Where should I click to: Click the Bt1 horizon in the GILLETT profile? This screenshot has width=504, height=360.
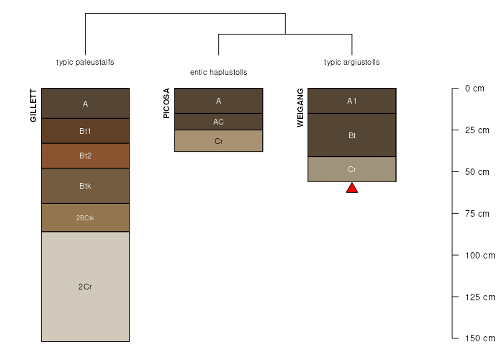tap(85, 131)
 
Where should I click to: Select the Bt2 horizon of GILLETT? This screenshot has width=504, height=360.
tap(85, 156)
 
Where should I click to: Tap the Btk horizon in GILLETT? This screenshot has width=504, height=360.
tap(85, 186)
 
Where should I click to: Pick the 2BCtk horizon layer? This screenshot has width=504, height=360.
tap(85, 217)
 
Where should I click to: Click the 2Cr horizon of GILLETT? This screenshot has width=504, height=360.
tap(85, 287)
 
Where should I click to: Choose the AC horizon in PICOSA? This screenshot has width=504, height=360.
tap(218, 122)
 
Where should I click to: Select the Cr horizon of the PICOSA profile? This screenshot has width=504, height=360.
tap(218, 141)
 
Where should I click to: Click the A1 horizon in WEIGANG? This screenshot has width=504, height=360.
tap(351, 101)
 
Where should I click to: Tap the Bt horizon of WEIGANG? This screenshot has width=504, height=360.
tap(351, 135)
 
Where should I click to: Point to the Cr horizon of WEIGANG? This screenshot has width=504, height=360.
tap(351, 169)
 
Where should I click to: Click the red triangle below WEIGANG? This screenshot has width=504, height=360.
tap(351, 189)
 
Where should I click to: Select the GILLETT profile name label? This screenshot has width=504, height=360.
tap(33, 105)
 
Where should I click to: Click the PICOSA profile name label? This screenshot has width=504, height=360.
tap(167, 103)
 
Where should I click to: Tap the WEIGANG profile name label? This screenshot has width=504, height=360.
tap(300, 108)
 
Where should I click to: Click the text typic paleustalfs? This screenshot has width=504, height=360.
tap(85, 62)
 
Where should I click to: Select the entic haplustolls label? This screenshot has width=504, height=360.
tap(218, 73)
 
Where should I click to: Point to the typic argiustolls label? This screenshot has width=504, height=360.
tap(351, 62)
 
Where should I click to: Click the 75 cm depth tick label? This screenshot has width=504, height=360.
tap(477, 213)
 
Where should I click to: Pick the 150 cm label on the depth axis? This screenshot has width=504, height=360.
tap(479, 338)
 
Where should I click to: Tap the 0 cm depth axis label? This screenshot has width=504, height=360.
tap(474, 89)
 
